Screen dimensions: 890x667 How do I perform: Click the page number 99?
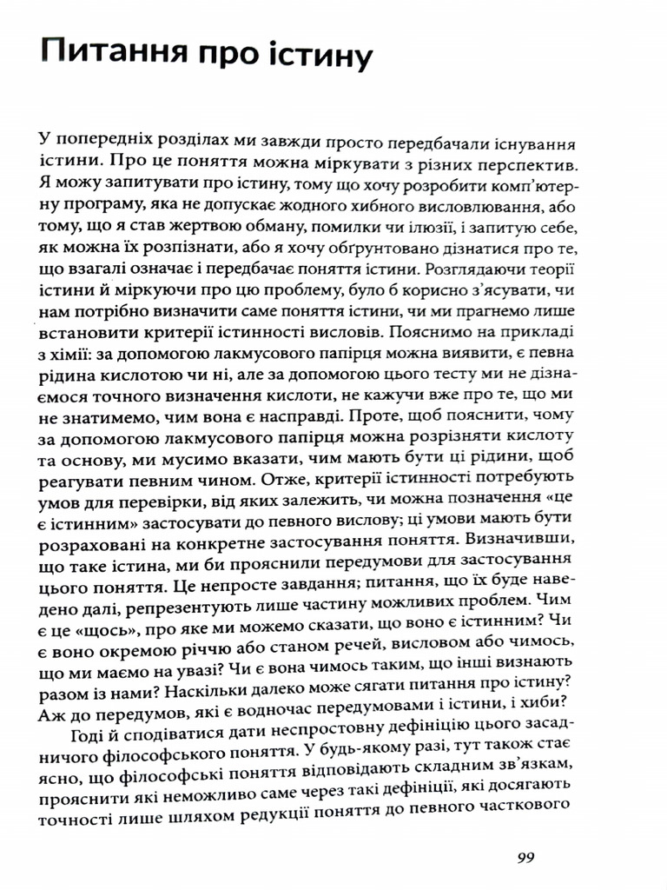(x=525, y=858)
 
